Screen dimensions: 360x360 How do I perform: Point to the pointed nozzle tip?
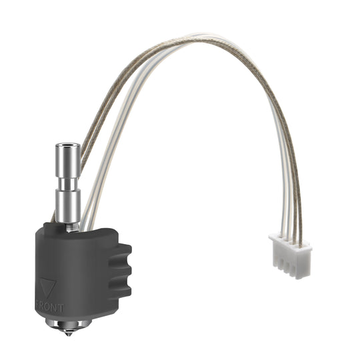click(66, 334)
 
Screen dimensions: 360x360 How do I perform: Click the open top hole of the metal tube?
click(68, 145)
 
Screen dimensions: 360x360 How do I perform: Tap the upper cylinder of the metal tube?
click(68, 163)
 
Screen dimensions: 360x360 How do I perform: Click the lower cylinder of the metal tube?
click(69, 207)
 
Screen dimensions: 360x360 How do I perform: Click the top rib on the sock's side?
click(121, 251)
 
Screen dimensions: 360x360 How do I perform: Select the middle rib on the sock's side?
click(121, 271)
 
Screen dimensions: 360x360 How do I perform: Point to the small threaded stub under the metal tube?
click(71, 226)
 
